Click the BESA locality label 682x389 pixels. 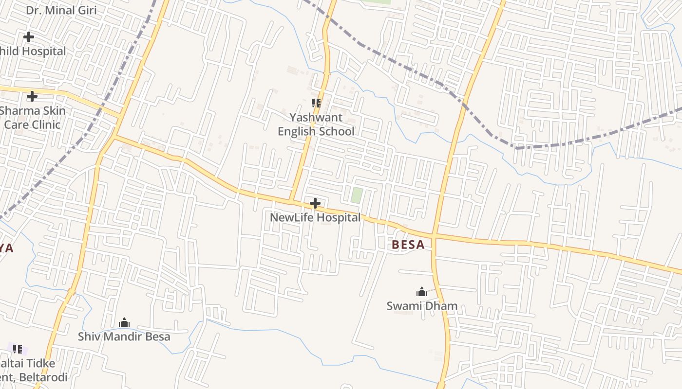pos(408,245)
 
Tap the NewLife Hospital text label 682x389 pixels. pos(315,217)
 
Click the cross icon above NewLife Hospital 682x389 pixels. pos(315,203)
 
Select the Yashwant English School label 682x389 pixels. pos(316,124)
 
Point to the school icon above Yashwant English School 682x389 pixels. pos(316,103)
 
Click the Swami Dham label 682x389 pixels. pos(422,306)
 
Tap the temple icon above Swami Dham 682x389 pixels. pos(422,292)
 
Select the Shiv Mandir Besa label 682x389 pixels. pos(124,336)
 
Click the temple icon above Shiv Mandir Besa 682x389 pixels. pos(124,322)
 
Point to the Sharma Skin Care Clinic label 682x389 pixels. pos(32,118)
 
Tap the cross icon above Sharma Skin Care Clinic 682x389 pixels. pos(32,96)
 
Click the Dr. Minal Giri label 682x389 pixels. pos(61,10)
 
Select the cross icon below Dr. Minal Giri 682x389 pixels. pos(29,37)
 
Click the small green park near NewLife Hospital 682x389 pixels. pos(357,195)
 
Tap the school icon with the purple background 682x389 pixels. pos(18,349)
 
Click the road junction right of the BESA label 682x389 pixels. pos(434,237)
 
